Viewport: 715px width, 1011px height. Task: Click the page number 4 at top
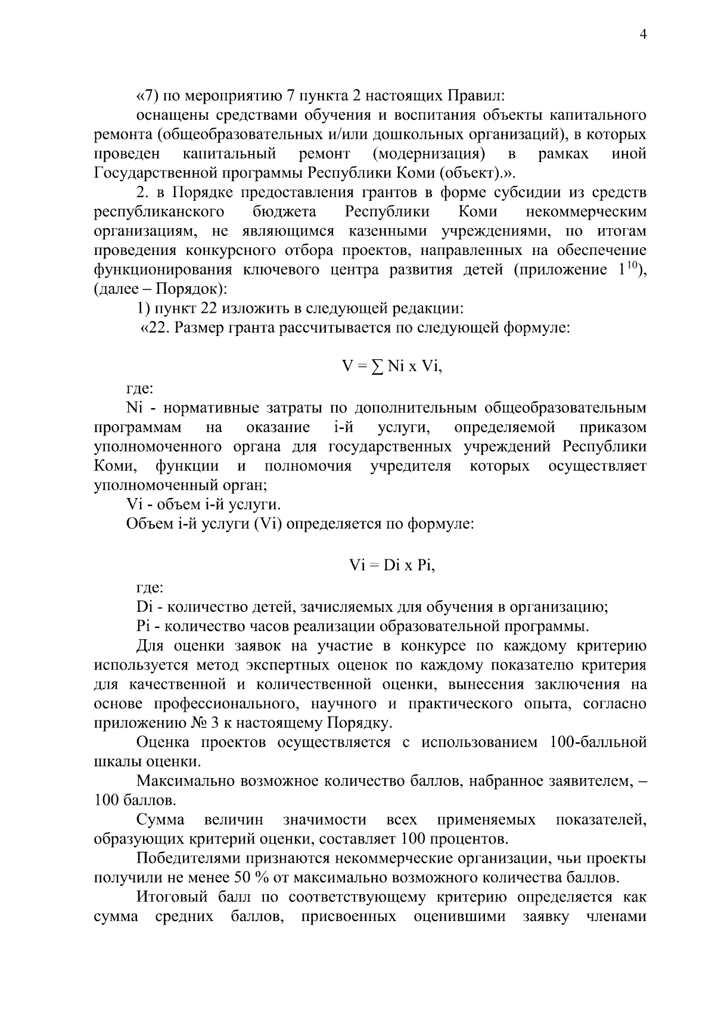tap(642, 35)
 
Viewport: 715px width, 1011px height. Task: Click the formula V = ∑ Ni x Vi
tap(392, 366)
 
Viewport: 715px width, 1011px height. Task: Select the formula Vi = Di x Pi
tap(392, 565)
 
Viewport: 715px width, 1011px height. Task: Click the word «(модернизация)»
tap(428, 154)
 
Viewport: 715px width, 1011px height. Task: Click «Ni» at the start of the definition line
tap(134, 408)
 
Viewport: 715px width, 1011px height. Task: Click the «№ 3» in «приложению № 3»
tap(198, 723)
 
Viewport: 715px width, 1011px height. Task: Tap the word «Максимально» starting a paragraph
tap(184, 780)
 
